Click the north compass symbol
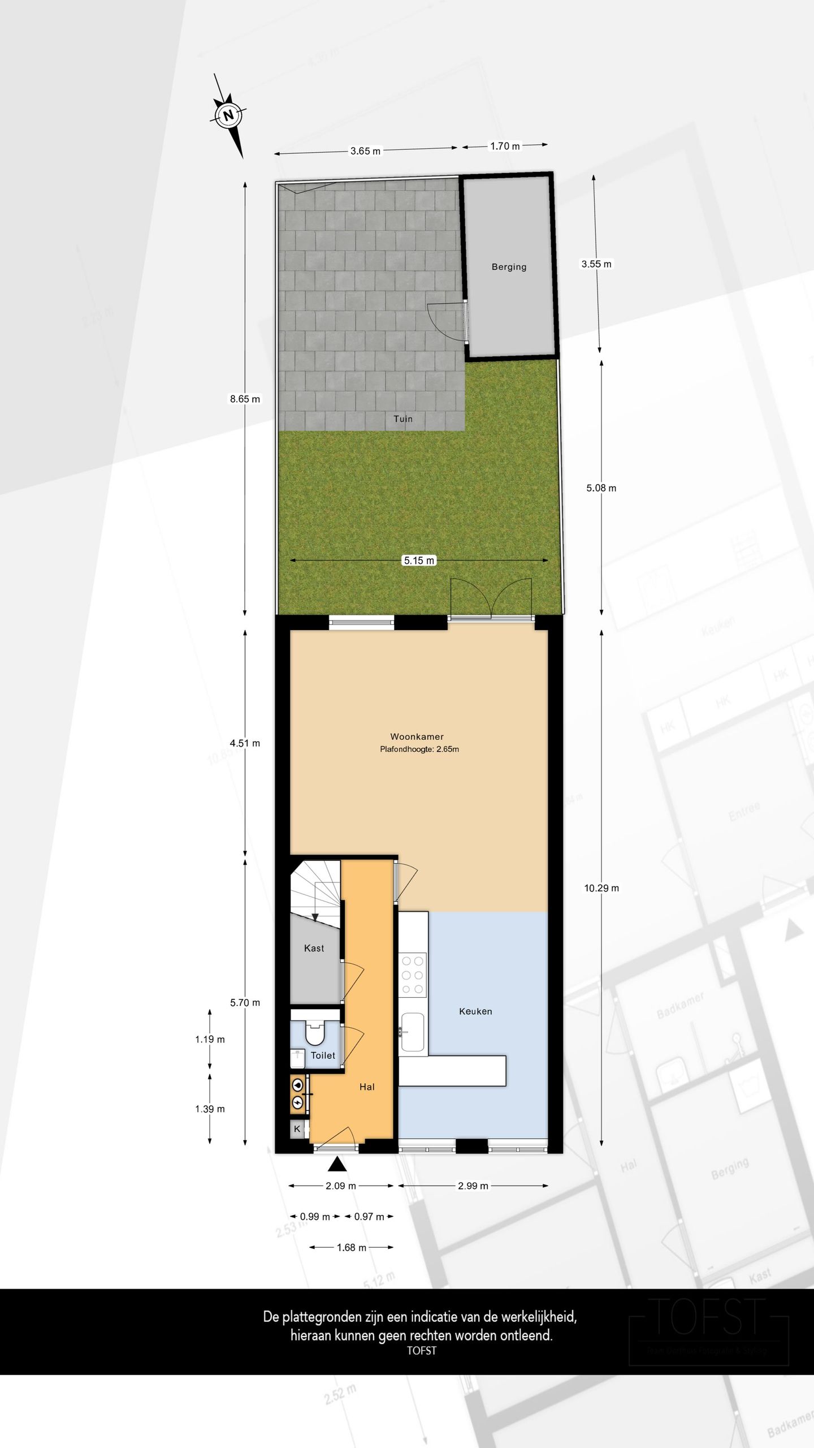[x=228, y=116]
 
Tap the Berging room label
[x=509, y=267]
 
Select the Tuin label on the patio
[x=403, y=419]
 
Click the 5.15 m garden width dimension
[x=419, y=561]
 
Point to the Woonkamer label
[x=417, y=736]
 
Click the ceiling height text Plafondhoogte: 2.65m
[x=419, y=749]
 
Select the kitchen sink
[x=413, y=1033]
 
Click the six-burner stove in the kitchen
[x=413, y=975]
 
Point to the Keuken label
[x=475, y=1011]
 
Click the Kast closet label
[x=314, y=949]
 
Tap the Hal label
[x=367, y=1087]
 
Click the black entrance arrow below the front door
[x=337, y=1163]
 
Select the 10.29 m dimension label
[x=601, y=888]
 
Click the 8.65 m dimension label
[x=245, y=399]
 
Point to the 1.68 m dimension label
[x=352, y=1247]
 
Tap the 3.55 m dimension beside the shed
[x=596, y=264]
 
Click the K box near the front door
[x=297, y=1129]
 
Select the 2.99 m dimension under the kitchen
[x=473, y=1186]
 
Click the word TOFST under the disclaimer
[x=422, y=1350]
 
